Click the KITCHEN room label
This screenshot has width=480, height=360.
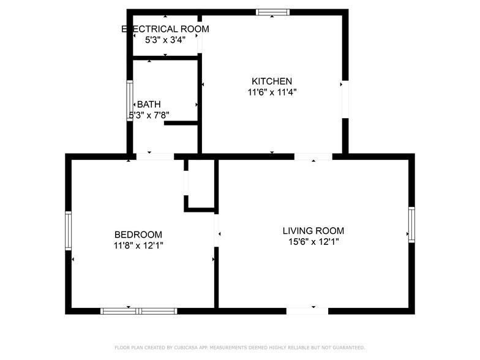272,81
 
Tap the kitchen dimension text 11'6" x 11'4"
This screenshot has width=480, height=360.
272,92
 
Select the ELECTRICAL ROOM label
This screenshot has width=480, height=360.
165,29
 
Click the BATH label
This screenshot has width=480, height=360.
149,104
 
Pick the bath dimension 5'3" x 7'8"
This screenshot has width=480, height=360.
149,114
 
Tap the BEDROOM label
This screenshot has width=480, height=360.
138,234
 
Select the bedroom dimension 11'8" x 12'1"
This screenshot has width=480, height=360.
138,246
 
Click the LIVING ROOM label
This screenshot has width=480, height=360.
313,231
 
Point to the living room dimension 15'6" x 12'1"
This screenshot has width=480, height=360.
313,242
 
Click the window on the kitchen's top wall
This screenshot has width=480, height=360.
273,12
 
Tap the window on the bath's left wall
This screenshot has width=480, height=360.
130,101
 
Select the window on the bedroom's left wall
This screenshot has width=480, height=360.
69,231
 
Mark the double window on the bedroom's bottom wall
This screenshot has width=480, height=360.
139,311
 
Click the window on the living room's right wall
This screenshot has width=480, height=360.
411,225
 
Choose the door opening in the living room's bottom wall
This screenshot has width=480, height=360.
307,311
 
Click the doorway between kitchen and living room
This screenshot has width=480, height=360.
313,157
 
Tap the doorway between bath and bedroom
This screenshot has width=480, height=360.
155,157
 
